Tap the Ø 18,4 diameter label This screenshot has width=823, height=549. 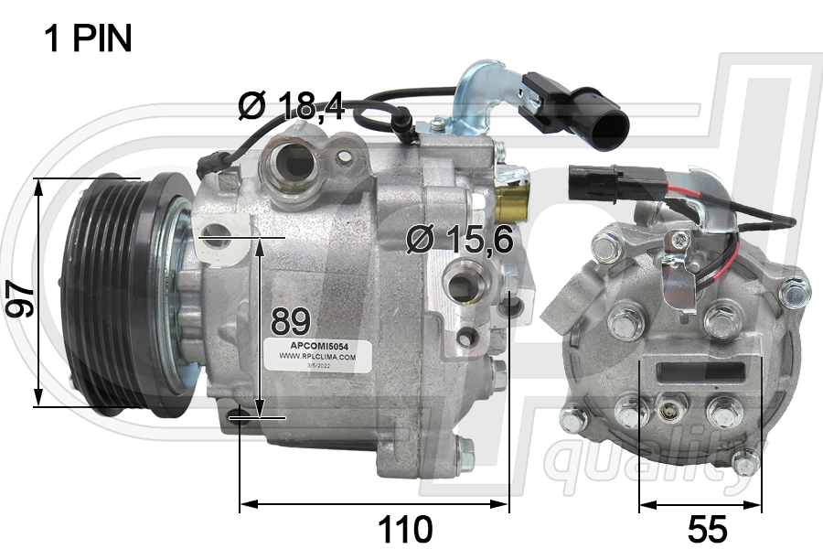pyautogui.click(x=290, y=107)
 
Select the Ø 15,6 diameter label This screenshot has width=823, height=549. pyautogui.click(x=460, y=240)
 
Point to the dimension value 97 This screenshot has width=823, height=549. pyautogui.click(x=20, y=299)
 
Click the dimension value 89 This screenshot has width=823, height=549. pyautogui.click(x=291, y=321)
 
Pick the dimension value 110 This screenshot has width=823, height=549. pyautogui.click(x=404, y=528)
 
